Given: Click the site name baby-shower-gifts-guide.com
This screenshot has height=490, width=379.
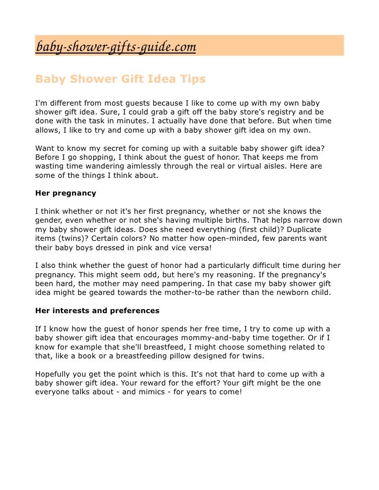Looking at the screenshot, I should (115, 47).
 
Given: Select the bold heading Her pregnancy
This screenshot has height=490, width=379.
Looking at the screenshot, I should (66, 193).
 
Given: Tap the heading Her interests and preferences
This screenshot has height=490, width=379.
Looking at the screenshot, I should (97, 311).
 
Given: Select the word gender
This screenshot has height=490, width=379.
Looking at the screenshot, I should (49, 221).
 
